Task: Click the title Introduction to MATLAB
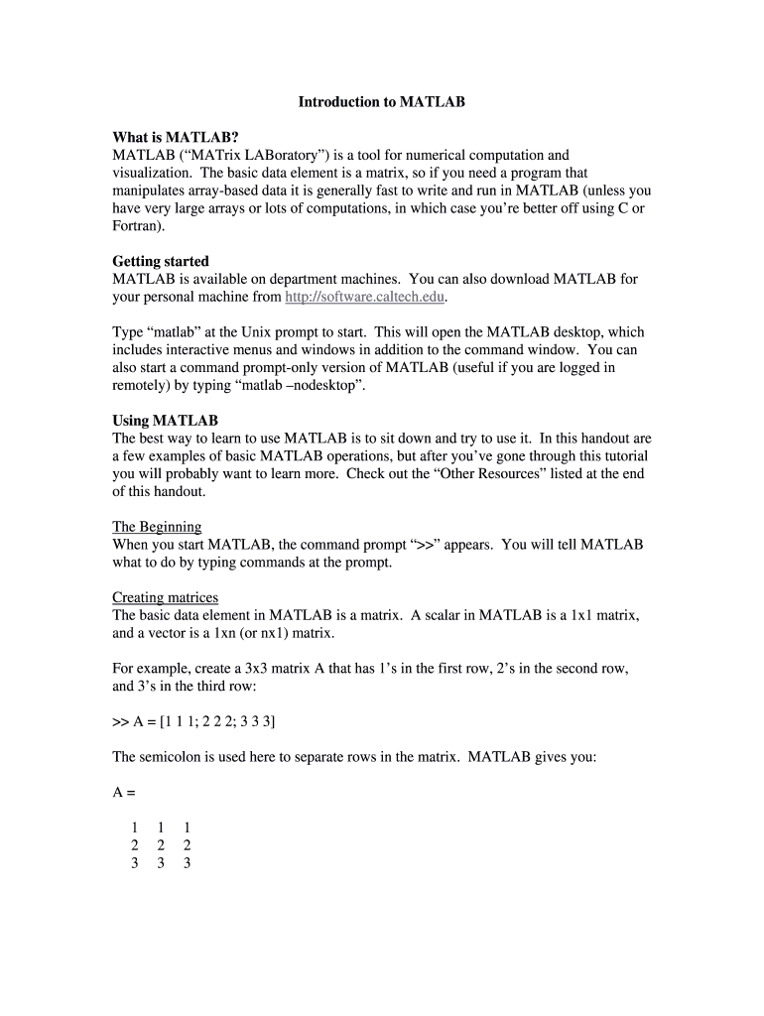(x=382, y=102)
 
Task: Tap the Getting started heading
(x=161, y=262)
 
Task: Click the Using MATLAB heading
(x=165, y=421)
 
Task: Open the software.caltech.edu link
(x=365, y=297)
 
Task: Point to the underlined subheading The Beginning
(x=157, y=527)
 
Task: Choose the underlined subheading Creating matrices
(x=165, y=598)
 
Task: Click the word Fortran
(x=136, y=225)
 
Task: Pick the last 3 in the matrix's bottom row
(x=187, y=863)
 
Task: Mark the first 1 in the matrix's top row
(x=134, y=827)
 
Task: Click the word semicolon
(x=174, y=757)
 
